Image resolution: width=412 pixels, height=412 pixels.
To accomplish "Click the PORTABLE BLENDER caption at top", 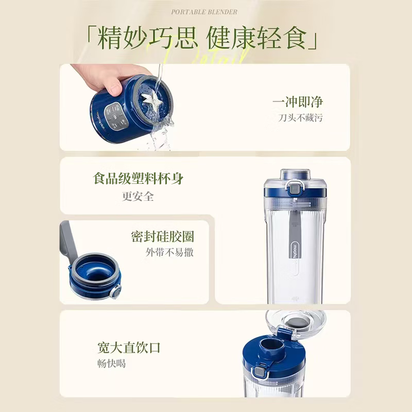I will pyautogui.click(x=205, y=11).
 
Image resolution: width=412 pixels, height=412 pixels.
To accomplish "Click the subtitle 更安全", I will pyautogui.click(x=138, y=196).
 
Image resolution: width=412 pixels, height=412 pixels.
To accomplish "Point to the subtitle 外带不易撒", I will pyautogui.click(x=169, y=253).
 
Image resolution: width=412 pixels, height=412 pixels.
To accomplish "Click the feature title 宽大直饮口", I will pyautogui.click(x=129, y=347).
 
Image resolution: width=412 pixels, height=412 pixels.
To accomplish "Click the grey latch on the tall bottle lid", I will pyautogui.click(x=296, y=189).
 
